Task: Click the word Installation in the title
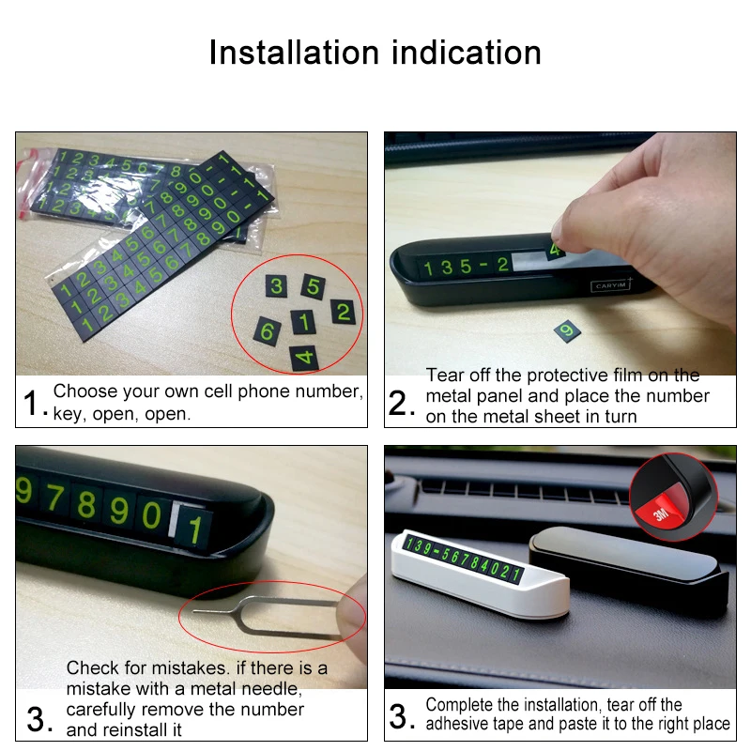pyautogui.click(x=294, y=53)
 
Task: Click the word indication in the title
pyautogui.click(x=467, y=53)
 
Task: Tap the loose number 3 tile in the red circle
pyautogui.click(x=276, y=286)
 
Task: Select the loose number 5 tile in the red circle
pyautogui.click(x=314, y=286)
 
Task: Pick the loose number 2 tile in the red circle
pyautogui.click(x=344, y=312)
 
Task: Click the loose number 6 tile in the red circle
pyautogui.click(x=268, y=331)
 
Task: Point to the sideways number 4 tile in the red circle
pyautogui.click(x=304, y=358)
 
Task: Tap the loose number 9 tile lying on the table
pyautogui.click(x=567, y=331)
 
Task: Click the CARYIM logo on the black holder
pyautogui.click(x=611, y=285)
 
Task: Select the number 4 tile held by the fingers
pyautogui.click(x=556, y=249)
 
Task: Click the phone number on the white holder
pyautogui.click(x=463, y=559)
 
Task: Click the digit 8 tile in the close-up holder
pyautogui.click(x=86, y=504)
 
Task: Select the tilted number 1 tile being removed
pyautogui.click(x=194, y=529)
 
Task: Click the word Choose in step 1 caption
pyautogui.click(x=85, y=391)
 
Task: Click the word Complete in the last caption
pyautogui.click(x=459, y=705)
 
